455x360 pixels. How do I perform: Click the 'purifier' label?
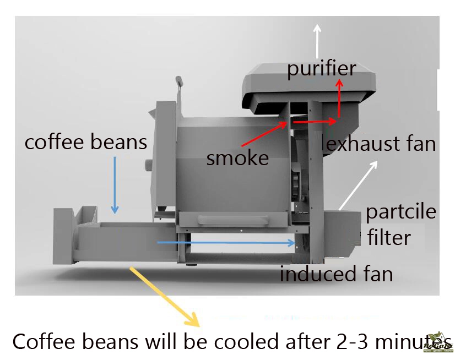pos(322,69)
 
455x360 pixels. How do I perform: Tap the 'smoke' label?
pos(237,158)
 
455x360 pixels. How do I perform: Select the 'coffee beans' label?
pos(86,142)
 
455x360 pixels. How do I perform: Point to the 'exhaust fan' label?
pos(381,144)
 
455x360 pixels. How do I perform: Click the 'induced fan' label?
pos(337,274)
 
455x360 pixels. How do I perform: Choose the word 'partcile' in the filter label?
pos(401,212)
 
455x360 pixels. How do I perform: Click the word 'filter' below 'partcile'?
pos(389,237)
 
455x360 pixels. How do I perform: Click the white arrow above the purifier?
pos(317,41)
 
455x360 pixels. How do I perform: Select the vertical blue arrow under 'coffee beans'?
pos(115,185)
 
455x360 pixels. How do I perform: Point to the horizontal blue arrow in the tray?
pos(226,243)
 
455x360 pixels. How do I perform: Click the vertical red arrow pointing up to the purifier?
pos(339,99)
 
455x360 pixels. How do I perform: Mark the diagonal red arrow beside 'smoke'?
pos(264,134)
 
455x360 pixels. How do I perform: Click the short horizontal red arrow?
pos(315,122)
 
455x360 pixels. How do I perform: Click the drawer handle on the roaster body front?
pos(233,220)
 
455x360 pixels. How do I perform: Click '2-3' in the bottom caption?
pos(351,342)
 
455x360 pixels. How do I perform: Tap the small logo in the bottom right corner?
pos(438,343)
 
